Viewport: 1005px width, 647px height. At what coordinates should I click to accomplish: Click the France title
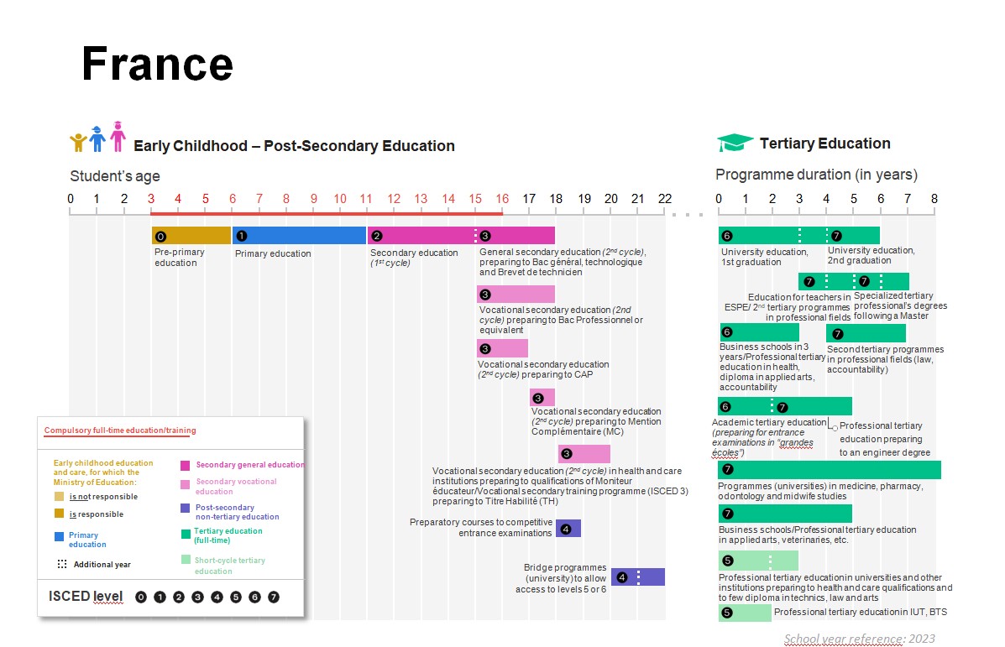tap(157, 64)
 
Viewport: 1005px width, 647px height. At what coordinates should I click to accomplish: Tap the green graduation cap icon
tap(734, 143)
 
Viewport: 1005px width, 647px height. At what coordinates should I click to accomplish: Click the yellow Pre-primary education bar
tap(191, 236)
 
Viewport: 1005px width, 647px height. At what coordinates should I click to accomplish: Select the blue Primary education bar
tap(299, 236)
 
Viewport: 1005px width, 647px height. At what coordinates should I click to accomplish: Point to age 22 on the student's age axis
tap(665, 199)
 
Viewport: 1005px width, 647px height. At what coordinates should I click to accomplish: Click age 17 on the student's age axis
tap(529, 199)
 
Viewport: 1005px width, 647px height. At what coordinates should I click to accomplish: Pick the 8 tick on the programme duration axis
tap(934, 199)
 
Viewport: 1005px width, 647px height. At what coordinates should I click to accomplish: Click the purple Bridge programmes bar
tap(638, 577)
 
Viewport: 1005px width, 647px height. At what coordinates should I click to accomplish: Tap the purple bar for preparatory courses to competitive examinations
tap(568, 529)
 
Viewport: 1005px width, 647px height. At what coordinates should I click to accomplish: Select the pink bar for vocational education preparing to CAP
tap(503, 348)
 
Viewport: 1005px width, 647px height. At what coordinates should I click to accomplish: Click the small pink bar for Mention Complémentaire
tap(542, 398)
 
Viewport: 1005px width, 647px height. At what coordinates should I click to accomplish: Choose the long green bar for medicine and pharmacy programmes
tap(830, 470)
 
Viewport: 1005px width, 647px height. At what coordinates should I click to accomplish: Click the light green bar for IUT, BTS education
tap(745, 613)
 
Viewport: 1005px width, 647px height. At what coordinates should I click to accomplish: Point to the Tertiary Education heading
tap(824, 143)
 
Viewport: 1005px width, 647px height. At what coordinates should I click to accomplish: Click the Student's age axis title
tap(115, 176)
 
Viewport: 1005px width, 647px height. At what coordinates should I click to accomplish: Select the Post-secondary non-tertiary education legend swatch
tap(185, 508)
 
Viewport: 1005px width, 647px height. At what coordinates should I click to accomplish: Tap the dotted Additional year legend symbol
tap(62, 564)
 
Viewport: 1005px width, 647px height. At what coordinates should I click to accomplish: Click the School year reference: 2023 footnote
tap(859, 639)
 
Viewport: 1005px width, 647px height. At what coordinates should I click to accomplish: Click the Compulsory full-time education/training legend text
tap(120, 430)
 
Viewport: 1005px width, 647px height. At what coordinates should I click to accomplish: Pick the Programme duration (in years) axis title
tap(816, 175)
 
